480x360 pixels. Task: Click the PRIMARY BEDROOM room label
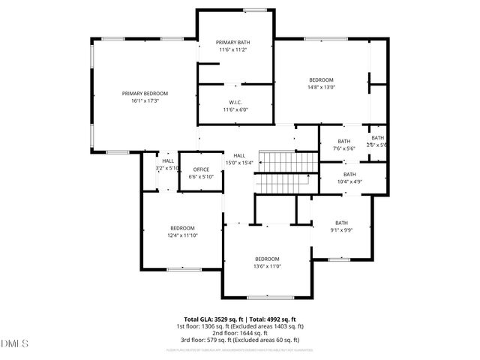point(145,93)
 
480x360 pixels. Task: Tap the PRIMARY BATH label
point(233,42)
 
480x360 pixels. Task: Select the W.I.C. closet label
point(235,102)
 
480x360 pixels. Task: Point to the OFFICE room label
point(201,169)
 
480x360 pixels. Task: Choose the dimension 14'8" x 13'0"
point(322,87)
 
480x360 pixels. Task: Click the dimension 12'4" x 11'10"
point(182,235)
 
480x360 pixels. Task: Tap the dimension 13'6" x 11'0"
point(267,266)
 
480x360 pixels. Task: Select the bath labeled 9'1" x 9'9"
point(342,229)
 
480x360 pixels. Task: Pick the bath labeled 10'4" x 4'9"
point(349,181)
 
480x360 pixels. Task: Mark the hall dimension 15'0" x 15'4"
point(239,163)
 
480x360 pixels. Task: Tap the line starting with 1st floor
point(240,326)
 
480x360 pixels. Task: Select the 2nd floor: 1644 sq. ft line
point(240,333)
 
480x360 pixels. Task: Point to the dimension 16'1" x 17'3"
point(145,100)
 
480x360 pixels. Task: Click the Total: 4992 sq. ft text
point(271,319)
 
